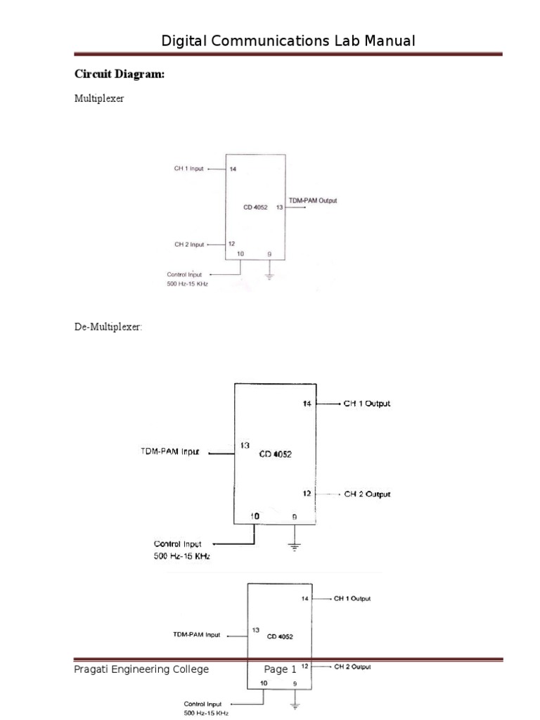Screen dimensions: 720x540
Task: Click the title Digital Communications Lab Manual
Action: [288, 41]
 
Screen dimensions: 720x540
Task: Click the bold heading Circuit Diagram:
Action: [120, 74]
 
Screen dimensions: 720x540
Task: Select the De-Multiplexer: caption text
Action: [108, 326]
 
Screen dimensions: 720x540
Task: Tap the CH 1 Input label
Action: [189, 169]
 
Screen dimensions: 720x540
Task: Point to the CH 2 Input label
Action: [189, 245]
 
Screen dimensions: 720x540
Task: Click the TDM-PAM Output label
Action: [313, 200]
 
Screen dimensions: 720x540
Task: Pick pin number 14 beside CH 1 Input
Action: [233, 169]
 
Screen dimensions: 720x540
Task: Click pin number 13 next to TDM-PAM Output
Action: [279, 207]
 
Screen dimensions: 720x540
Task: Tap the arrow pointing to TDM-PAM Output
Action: [303, 207]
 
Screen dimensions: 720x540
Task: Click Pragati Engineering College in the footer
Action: [141, 669]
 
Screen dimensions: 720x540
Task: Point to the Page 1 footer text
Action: [281, 669]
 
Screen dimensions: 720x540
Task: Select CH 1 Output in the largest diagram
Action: [366, 404]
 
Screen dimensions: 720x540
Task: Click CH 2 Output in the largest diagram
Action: [366, 494]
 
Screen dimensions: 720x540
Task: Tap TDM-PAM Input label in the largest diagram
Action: [170, 452]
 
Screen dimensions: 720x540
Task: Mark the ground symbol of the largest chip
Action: [295, 546]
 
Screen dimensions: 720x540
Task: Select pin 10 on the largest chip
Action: [255, 515]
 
